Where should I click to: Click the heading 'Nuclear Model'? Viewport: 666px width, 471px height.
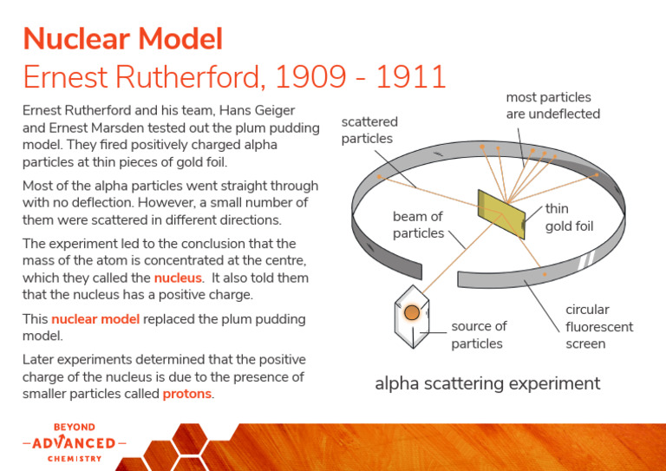122,39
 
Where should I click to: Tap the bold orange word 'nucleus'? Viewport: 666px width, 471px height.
178,278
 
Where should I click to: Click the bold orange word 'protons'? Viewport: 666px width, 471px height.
187,394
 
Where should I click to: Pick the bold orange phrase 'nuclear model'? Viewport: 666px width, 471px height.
95,319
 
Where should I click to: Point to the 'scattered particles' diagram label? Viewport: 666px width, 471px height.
369,130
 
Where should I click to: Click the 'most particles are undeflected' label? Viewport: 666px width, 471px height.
552,106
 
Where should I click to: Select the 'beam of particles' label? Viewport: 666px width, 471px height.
418,225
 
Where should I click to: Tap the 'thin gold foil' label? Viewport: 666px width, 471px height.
569,218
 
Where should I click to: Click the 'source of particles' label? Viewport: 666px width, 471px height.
479,335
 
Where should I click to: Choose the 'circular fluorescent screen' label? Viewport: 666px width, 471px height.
598,326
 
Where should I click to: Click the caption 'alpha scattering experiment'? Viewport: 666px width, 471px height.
487,383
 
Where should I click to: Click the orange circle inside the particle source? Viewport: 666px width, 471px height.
413,312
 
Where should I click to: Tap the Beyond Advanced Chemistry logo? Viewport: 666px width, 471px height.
74,442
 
